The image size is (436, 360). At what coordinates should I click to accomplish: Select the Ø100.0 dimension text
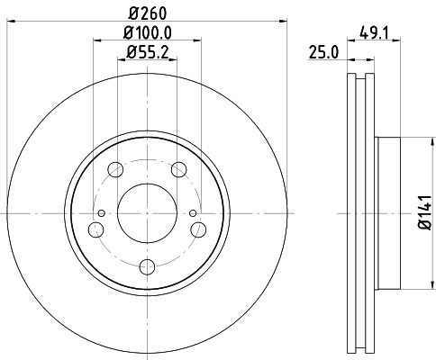148,32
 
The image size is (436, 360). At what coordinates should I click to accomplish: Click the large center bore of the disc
148,212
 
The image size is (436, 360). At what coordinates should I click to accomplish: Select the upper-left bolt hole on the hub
115,168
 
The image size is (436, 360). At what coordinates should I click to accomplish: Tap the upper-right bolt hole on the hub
179,168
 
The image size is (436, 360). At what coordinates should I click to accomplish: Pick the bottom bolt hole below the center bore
148,266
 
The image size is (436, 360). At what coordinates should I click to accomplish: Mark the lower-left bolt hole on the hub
95,229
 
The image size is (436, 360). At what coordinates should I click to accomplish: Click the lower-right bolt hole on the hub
199,229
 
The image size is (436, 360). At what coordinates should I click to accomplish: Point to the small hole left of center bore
102,213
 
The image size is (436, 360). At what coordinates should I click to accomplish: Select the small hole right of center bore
193,213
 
